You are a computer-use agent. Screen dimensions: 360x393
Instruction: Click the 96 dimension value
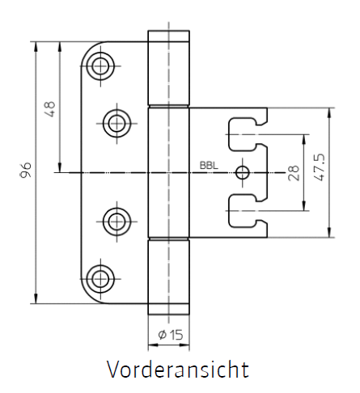[x=27, y=170]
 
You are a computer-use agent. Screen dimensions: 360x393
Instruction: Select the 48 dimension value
[x=50, y=109]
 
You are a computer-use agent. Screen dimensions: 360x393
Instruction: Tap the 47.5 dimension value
[x=320, y=167]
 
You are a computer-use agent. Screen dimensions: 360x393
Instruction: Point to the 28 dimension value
[x=294, y=173]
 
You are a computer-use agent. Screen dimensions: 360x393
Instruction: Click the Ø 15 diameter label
[x=171, y=335]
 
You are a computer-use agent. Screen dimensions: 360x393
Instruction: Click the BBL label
[x=209, y=166]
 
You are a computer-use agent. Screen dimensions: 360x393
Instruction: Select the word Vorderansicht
[x=178, y=370]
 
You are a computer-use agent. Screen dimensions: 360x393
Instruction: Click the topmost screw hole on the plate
[x=100, y=66]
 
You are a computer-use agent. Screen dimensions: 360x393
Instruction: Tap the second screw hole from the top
[x=116, y=124]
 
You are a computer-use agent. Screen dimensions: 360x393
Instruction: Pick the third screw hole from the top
[x=116, y=222]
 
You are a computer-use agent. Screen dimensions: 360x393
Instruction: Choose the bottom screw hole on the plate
[x=100, y=279]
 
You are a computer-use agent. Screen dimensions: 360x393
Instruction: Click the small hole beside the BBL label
[x=242, y=172]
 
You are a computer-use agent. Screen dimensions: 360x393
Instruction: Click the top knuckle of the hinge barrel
[x=168, y=68]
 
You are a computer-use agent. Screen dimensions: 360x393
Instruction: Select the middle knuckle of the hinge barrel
[x=168, y=172]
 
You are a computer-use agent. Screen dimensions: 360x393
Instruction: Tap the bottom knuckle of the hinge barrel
[x=168, y=277]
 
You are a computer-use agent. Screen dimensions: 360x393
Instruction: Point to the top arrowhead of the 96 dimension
[x=36, y=47]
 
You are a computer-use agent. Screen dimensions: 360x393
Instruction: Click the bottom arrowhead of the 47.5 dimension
[x=329, y=232]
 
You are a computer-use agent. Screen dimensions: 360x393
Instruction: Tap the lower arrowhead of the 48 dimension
[x=60, y=167]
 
